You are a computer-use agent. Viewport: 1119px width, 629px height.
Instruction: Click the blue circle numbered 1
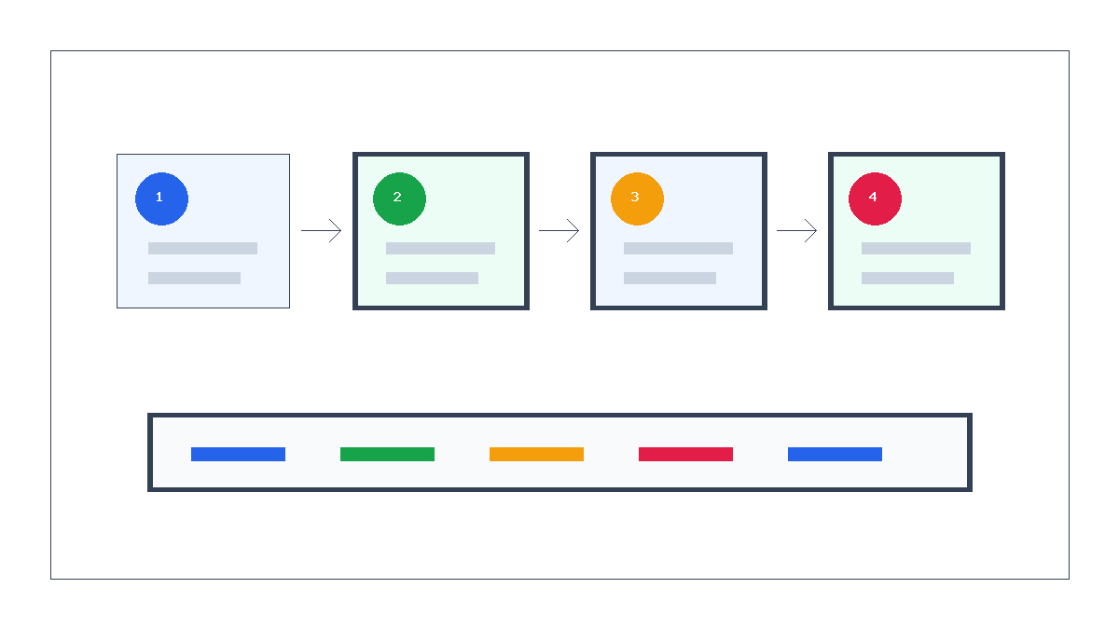(162, 198)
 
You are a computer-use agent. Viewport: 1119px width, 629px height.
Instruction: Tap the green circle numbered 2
(400, 198)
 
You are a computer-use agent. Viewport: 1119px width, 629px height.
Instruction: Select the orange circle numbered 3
(638, 198)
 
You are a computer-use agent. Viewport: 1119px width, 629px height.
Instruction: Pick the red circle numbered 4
(876, 198)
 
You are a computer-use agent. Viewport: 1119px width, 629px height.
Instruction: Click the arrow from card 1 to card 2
(321, 231)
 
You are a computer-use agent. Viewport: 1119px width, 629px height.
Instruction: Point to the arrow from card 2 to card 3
(559, 231)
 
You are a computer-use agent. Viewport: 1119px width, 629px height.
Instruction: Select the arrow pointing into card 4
(796, 231)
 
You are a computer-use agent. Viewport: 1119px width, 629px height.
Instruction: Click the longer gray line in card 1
(203, 249)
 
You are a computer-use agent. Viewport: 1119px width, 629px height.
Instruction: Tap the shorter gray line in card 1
(194, 278)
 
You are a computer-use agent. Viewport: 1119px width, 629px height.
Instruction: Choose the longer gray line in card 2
(440, 249)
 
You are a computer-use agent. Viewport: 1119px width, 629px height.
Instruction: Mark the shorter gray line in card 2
(432, 278)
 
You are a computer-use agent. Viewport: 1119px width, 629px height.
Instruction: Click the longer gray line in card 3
(679, 249)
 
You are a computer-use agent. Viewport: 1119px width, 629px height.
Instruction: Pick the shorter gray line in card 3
(670, 278)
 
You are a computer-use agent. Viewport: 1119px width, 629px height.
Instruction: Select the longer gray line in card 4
(916, 249)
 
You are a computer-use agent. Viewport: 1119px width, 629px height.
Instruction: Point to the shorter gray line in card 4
(907, 278)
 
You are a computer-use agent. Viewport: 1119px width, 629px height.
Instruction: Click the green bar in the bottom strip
(388, 455)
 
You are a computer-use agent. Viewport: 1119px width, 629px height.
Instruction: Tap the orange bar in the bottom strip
(536, 455)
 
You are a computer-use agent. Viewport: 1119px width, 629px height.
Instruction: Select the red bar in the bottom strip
(686, 455)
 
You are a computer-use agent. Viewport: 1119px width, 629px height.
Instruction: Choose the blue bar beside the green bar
(239, 455)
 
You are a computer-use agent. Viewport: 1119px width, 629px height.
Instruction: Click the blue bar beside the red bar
(836, 455)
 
